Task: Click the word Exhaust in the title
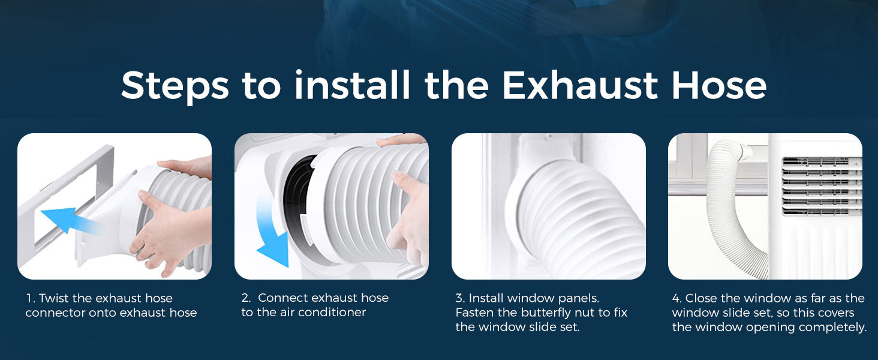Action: (580, 85)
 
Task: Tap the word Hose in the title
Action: (719, 85)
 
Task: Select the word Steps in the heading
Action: (175, 87)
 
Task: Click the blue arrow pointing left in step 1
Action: (68, 220)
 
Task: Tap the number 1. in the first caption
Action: (31, 298)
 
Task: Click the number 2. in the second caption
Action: (246, 298)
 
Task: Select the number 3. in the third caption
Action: (460, 298)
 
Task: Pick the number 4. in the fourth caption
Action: (677, 298)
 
